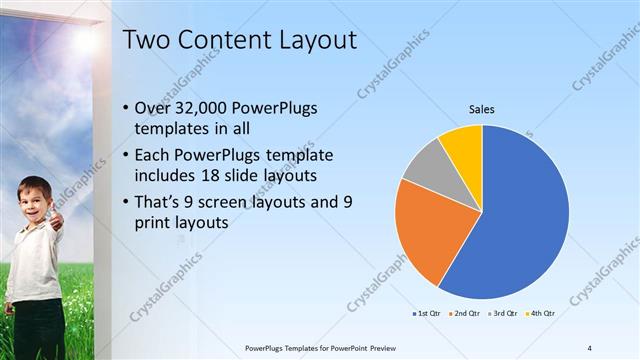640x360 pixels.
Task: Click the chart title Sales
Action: coord(482,109)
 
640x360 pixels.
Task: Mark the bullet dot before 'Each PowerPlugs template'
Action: coord(124,157)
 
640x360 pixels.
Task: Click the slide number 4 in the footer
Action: coord(589,348)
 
